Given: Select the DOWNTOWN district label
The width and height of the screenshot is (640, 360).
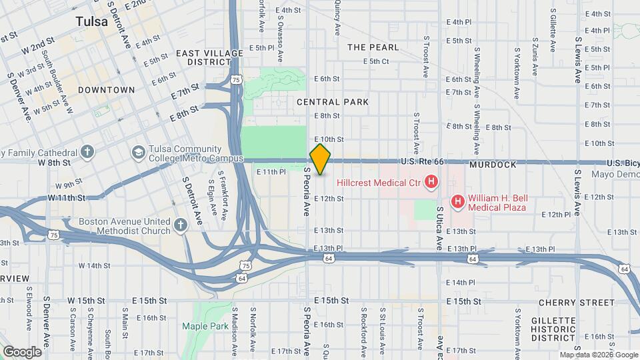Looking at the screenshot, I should (x=106, y=89).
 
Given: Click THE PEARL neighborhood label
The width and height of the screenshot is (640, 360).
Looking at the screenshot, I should (x=373, y=47).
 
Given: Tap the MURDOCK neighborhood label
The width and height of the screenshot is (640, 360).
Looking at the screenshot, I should (x=493, y=164).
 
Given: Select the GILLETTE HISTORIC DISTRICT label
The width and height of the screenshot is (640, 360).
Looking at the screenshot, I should (x=553, y=329).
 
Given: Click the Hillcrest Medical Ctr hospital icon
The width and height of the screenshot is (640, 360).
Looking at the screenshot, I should (x=431, y=181).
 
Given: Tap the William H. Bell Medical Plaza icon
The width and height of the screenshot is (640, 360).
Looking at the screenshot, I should (x=457, y=200).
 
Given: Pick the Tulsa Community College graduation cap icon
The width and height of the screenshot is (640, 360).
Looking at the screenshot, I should (x=139, y=152).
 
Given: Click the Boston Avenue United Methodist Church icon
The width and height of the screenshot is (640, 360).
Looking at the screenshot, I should (x=181, y=225).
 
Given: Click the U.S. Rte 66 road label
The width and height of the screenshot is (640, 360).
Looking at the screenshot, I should (x=421, y=161).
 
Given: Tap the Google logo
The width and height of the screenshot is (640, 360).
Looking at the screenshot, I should (x=22, y=351).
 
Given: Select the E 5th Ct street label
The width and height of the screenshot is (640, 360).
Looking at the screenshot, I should (x=375, y=61).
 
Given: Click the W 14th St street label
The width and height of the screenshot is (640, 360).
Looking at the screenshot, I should (x=94, y=265).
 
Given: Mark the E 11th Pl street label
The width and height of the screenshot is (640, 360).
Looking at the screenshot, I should (x=271, y=171).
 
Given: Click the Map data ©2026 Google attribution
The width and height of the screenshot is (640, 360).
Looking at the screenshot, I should (x=598, y=355).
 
